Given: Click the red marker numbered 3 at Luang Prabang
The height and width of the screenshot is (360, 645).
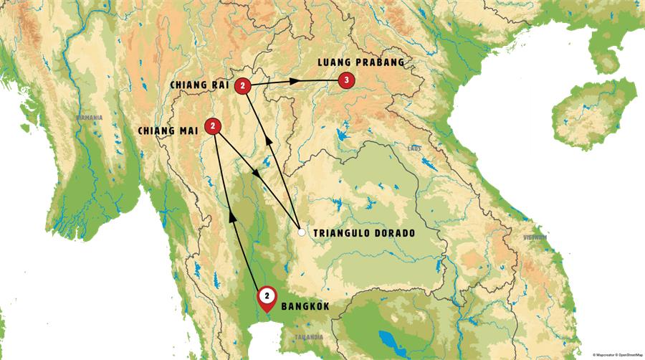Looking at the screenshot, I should point(346,82).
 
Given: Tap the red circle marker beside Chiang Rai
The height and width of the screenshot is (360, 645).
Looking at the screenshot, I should point(244,86).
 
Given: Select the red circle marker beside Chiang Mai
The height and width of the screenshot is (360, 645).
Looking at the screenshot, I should point(213,126).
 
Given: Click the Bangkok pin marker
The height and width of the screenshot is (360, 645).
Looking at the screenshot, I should point(267,296).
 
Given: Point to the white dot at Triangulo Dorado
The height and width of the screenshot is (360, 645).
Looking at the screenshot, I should point(302,232).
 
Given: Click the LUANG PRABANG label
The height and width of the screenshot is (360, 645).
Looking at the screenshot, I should point(361,62).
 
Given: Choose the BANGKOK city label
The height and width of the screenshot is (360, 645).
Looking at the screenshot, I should point(306,307).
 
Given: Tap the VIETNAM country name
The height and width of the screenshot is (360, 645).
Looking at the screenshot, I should point(535,237).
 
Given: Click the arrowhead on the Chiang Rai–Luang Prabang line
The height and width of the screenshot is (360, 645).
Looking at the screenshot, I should point(295,83).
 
